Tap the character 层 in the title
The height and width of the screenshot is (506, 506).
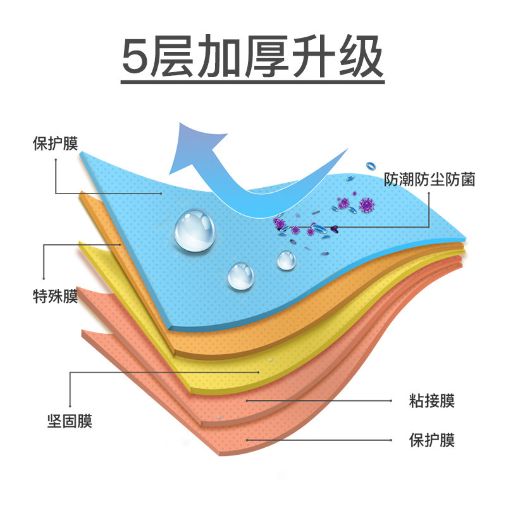(182, 58)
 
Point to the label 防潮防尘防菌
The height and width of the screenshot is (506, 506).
(429, 180)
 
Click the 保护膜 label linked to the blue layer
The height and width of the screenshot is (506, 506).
(55, 144)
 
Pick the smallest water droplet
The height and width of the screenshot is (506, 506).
(287, 259)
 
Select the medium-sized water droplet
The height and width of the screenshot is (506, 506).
(241, 276)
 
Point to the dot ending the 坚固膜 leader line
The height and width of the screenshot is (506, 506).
(259, 373)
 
